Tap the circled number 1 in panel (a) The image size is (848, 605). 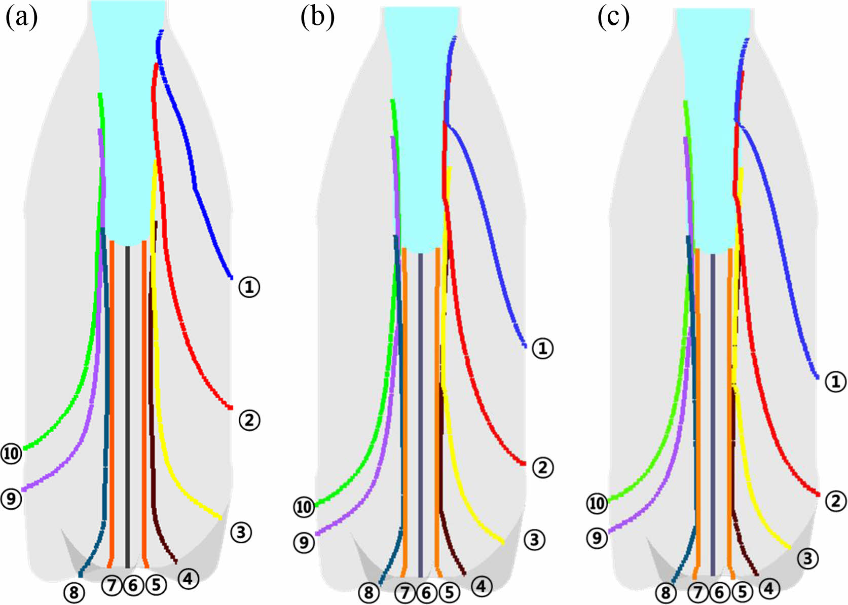point(249,287)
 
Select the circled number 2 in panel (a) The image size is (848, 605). point(249,420)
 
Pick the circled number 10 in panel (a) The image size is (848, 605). point(11,453)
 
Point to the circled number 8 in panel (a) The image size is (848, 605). point(74,592)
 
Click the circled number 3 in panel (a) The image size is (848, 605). point(241,533)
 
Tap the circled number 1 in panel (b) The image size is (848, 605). point(542,349)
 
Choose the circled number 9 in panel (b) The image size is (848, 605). point(304,543)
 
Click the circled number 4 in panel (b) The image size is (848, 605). point(481,586)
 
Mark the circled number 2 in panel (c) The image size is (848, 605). point(836,501)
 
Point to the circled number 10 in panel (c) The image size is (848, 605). point(597,504)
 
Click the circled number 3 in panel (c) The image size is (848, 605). point(808,558)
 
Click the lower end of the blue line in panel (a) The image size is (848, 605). point(231,277)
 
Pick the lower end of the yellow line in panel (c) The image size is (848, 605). point(790,548)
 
